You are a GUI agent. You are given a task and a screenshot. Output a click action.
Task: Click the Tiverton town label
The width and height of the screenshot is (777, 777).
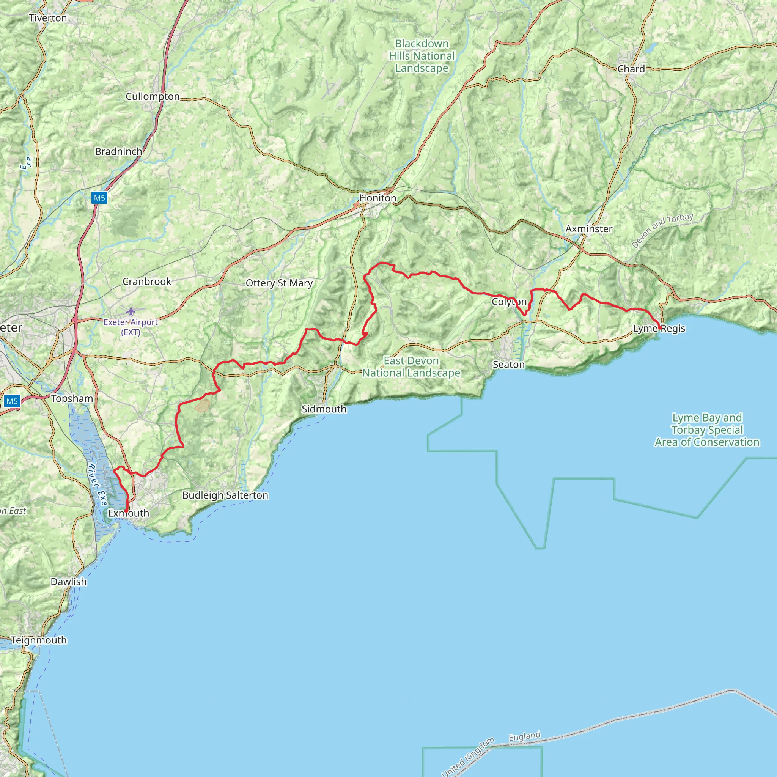[48, 18]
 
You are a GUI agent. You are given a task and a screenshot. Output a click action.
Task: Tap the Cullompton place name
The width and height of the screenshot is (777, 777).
[153, 96]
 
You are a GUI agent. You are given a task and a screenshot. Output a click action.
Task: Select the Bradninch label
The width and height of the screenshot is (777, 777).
[118, 152]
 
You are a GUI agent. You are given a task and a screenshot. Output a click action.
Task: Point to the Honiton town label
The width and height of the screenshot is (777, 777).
[377, 198]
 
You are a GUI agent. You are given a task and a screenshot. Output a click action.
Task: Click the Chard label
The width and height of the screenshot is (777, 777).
[631, 69]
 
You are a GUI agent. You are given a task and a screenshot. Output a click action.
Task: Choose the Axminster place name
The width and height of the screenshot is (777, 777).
[589, 229]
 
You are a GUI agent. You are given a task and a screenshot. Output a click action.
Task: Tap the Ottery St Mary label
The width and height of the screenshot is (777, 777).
[279, 283]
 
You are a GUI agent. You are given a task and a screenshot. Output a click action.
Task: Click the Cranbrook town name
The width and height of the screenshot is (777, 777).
[147, 282]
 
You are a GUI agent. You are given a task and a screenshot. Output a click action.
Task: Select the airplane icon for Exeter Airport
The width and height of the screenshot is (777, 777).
[131, 311]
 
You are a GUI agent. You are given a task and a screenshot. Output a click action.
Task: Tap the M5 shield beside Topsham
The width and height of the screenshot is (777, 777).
[12, 401]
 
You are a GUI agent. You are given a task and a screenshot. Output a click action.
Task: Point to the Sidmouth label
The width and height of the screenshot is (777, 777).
[324, 409]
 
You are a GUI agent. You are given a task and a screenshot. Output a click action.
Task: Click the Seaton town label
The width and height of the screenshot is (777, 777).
[509, 365]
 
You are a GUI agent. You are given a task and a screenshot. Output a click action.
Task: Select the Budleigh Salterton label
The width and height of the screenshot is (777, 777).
[225, 495]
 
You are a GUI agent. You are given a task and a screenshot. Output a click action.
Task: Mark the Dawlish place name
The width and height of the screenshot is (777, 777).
[68, 582]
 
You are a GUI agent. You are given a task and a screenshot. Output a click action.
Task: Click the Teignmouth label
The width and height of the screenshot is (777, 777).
[39, 640]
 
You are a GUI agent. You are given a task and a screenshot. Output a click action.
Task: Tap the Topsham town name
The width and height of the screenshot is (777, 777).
[72, 399]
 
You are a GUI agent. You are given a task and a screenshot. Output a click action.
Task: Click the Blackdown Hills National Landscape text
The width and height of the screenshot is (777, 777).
[422, 56]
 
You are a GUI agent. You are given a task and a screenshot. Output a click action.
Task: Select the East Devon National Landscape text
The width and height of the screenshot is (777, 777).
[411, 367]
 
